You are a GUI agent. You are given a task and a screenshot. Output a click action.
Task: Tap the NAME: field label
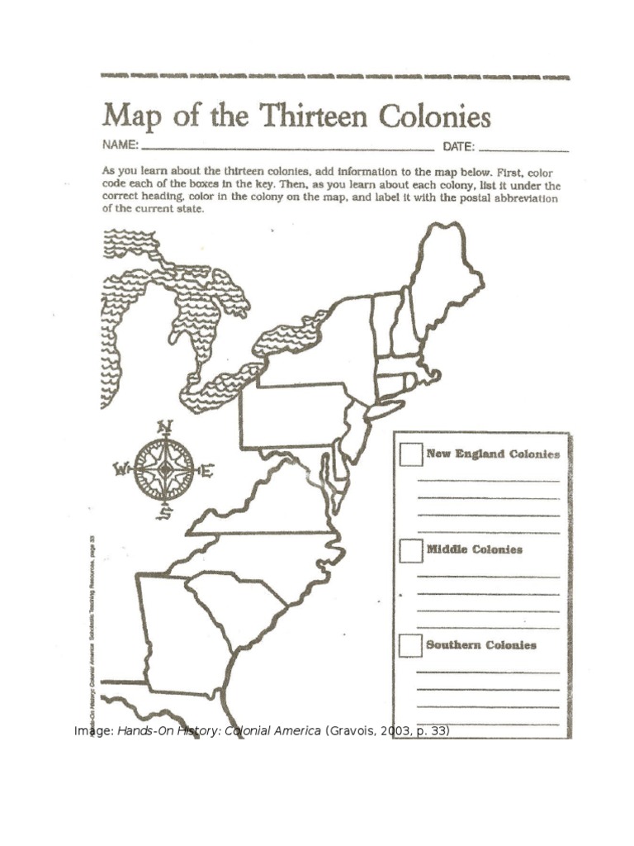[x=119, y=145]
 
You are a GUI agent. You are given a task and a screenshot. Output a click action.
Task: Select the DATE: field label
[x=458, y=147]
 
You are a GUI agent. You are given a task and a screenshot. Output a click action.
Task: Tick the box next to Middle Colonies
[x=410, y=550]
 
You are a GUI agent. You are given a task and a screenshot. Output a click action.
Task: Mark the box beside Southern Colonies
[x=410, y=645]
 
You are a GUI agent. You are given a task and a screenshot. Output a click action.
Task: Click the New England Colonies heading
[x=493, y=454]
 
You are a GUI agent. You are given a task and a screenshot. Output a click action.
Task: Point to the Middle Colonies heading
[x=474, y=549]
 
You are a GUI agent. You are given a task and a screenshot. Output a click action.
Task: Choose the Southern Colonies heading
[x=480, y=645]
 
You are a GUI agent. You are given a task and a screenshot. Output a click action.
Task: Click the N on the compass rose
[x=164, y=426]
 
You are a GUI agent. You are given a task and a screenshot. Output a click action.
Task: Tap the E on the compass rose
[x=207, y=471]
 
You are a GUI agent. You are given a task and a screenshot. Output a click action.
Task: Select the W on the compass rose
[x=121, y=470]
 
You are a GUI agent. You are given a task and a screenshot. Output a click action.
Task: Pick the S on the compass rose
[x=165, y=514]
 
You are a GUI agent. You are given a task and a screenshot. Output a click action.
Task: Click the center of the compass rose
[x=164, y=469]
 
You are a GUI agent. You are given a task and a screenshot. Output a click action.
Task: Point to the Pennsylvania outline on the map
[x=293, y=416]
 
